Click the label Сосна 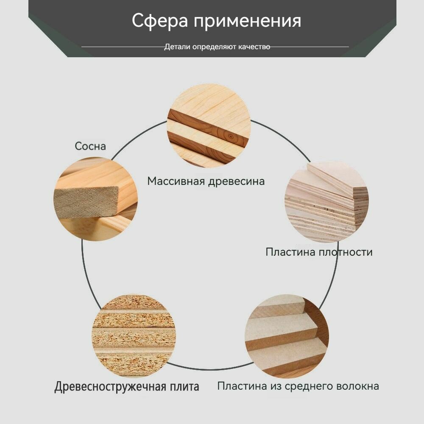click(90, 146)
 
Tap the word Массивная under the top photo click(176, 181)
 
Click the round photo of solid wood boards click(209, 126)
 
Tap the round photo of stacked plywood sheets click(326, 201)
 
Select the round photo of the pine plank click(95, 199)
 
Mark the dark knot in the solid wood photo click(229, 137)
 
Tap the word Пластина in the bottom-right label click(239, 386)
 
